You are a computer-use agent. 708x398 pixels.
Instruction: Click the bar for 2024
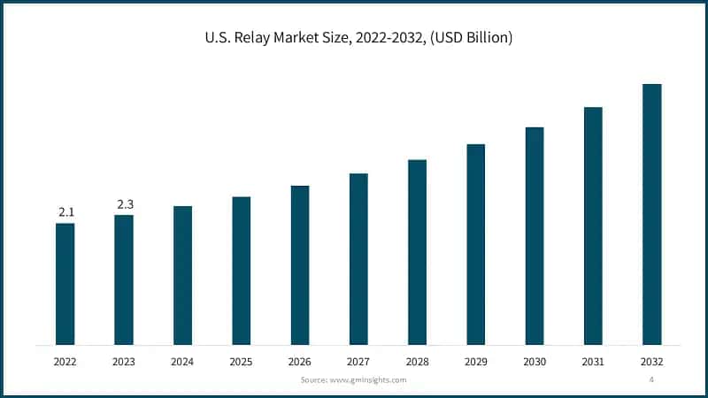pyautogui.click(x=182, y=275)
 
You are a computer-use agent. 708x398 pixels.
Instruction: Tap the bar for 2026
pyautogui.click(x=300, y=264)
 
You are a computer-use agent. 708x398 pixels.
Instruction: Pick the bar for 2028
pyautogui.click(x=417, y=252)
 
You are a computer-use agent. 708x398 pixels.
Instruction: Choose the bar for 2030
pyautogui.click(x=535, y=235)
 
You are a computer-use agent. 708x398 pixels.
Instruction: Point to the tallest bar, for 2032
pyautogui.click(x=652, y=214)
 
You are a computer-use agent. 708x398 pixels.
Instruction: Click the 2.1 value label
pyautogui.click(x=66, y=212)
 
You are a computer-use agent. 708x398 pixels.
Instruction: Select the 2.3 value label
pyautogui.click(x=125, y=205)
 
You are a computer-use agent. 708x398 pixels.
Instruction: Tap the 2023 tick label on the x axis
pyautogui.click(x=124, y=362)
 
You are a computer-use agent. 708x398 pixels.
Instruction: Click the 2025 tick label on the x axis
pyautogui.click(x=241, y=362)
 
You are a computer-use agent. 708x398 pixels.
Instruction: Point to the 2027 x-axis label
pyautogui.click(x=358, y=362)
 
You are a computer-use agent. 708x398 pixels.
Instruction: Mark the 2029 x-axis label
pyautogui.click(x=476, y=362)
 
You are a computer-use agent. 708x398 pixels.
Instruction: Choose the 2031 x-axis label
pyautogui.click(x=593, y=362)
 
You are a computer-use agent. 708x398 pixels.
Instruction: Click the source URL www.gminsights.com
pyautogui.click(x=367, y=379)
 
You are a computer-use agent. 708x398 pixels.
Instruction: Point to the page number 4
pyautogui.click(x=651, y=379)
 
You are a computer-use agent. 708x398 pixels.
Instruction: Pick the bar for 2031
pyautogui.click(x=593, y=226)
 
